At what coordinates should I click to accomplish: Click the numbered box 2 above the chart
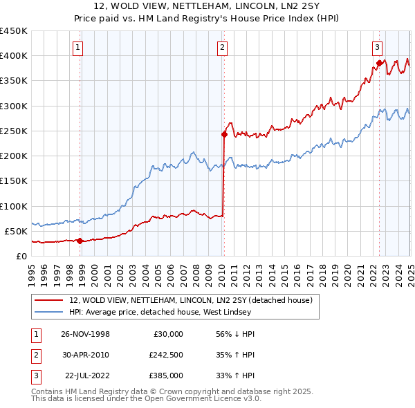(222, 48)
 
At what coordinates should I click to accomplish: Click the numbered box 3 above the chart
(377, 48)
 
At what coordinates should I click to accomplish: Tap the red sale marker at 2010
(224, 134)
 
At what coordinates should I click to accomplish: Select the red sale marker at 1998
(80, 241)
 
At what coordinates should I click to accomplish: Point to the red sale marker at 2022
(379, 63)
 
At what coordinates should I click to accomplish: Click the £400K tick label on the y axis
(14, 56)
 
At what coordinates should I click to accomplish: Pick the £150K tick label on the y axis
(14, 181)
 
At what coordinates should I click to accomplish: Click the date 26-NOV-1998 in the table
(85, 333)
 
